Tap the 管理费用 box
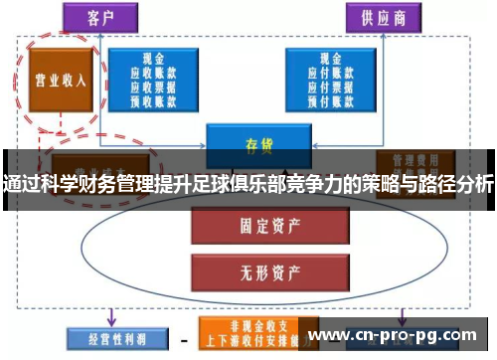pos(408,160)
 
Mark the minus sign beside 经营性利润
pos(182,337)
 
